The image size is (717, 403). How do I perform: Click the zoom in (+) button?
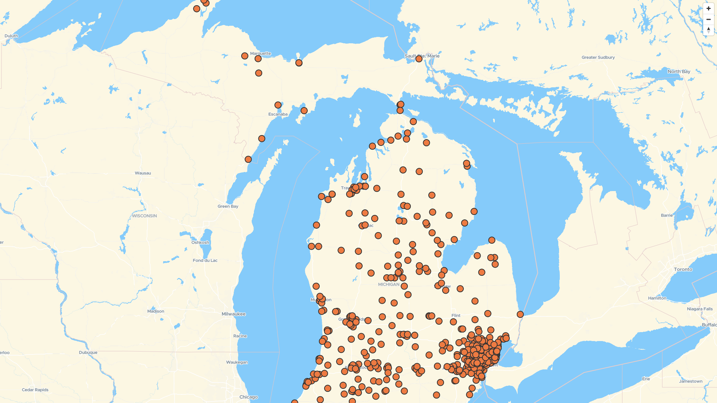point(708,9)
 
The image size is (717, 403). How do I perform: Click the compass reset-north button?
point(708,30)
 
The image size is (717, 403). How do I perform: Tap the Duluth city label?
point(11,36)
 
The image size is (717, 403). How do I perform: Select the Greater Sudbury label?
point(598,57)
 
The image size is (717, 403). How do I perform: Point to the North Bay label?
point(679,72)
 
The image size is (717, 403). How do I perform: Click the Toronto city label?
point(683,269)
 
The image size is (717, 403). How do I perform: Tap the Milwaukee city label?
point(233,314)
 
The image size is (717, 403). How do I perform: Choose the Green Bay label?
point(228,206)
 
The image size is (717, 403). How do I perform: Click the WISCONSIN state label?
point(144,216)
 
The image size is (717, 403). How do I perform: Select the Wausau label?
point(143,173)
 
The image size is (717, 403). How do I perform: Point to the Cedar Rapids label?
point(35,390)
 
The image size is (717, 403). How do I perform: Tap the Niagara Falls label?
point(699,309)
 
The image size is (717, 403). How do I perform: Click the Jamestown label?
point(690,381)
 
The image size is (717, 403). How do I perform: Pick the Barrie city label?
point(667,215)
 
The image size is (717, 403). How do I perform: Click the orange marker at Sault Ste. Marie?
point(419,59)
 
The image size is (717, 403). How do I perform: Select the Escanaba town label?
point(278,115)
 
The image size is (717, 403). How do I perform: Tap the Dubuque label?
point(88,353)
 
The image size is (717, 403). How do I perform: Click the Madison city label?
point(156,311)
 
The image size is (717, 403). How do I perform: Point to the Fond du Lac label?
point(205,260)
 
